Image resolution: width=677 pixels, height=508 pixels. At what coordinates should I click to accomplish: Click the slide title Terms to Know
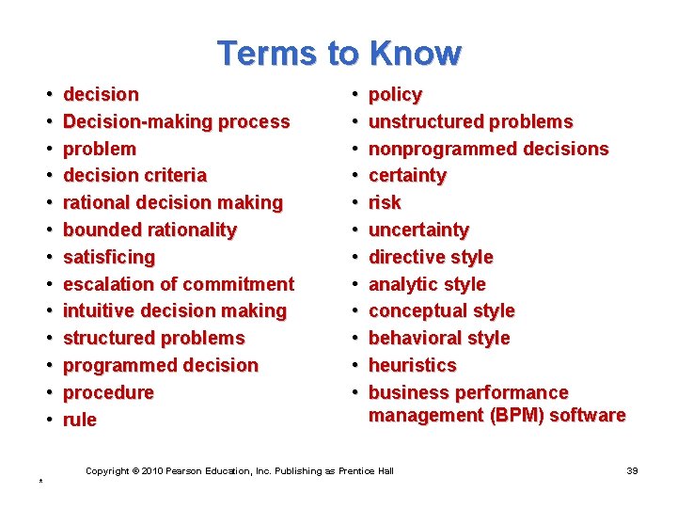coord(338,53)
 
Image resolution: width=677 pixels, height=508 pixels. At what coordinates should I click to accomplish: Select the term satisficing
coord(109,257)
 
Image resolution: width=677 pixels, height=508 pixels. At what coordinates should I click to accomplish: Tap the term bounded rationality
coord(150,230)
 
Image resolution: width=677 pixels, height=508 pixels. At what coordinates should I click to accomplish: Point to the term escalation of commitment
coord(179,284)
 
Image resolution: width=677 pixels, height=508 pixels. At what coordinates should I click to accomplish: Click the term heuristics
coord(412,365)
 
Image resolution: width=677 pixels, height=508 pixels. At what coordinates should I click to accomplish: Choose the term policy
coord(395,94)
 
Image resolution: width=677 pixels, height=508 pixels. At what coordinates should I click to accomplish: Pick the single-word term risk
coord(385,202)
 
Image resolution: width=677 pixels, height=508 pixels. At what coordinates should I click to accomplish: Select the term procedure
coord(108,392)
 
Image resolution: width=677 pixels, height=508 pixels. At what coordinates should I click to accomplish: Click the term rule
coord(80,420)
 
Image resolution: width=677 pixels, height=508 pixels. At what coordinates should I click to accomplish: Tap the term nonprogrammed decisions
coord(488,149)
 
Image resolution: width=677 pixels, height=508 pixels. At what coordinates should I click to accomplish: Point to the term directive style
coord(431,257)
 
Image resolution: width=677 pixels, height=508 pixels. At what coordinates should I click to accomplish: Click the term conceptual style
coord(441,310)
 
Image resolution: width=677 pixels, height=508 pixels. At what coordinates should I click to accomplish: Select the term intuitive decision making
coord(174,310)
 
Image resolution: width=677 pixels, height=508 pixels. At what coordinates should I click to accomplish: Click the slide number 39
coord(632,470)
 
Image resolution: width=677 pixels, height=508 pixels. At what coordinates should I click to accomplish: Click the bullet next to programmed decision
coord(49,366)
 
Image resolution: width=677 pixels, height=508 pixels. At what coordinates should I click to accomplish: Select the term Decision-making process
coord(176,121)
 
